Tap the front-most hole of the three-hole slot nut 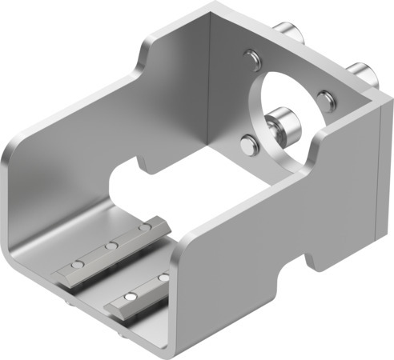coord(76,263)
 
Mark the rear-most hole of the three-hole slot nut coord(145,229)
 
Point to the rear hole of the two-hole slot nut coord(163,277)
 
